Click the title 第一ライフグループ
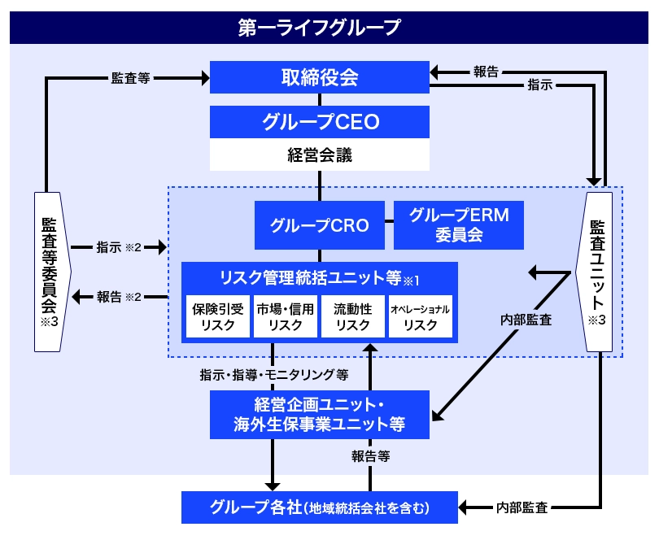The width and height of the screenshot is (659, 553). (319, 28)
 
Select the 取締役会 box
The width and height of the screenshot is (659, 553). (319, 77)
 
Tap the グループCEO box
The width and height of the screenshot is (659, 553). (319, 122)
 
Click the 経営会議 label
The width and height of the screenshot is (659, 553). (319, 155)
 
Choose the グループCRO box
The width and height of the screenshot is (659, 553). (319, 225)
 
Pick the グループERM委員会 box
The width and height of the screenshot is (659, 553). (458, 225)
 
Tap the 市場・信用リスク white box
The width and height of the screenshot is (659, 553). (285, 316)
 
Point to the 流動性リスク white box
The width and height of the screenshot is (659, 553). (353, 316)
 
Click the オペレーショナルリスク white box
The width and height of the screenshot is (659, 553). (420, 316)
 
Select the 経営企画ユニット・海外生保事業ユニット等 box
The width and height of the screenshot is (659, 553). (319, 414)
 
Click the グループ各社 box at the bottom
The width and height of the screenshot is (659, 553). (319, 508)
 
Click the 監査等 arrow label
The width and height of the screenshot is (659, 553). (130, 78)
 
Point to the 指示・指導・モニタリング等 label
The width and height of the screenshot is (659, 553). (273, 376)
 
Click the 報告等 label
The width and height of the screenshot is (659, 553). (371, 456)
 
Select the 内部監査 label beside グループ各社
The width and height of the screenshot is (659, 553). (521, 508)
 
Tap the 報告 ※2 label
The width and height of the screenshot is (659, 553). (119, 297)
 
